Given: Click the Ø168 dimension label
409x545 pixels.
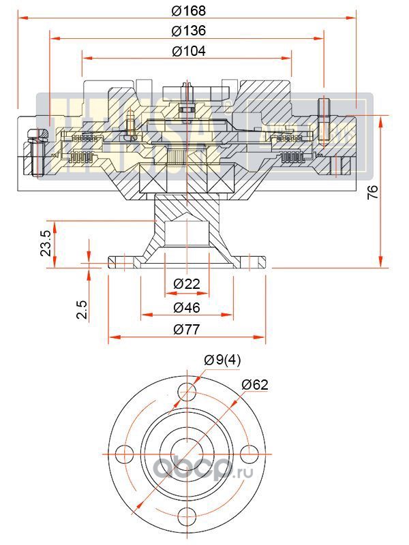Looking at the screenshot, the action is point(189,11).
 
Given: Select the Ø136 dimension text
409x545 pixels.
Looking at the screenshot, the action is point(189,31).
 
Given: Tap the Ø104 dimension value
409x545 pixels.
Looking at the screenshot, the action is point(189,51).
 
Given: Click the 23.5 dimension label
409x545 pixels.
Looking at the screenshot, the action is point(46,243).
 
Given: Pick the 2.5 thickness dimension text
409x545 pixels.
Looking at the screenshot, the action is point(82,310).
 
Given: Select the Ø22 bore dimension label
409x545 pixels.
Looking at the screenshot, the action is point(186,283).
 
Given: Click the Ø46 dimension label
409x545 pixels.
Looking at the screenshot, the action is point(186,307).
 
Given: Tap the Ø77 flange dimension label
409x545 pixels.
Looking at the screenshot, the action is point(186,330).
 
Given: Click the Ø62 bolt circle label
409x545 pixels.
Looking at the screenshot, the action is point(255,384).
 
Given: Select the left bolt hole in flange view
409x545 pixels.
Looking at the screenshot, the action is point(124,452).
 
